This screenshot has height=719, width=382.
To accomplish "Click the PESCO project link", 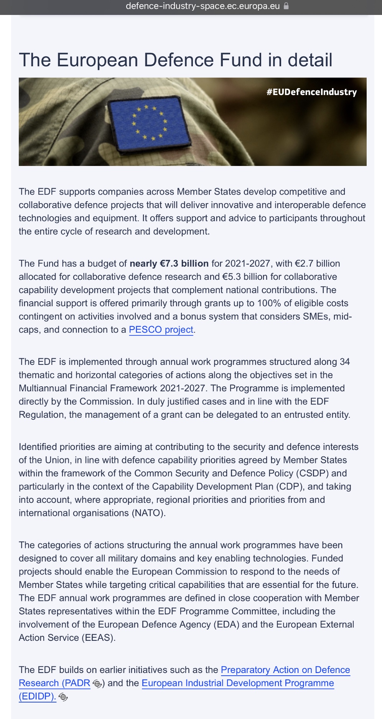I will (161, 330).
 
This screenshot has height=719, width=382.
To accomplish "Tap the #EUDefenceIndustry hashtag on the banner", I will (311, 92).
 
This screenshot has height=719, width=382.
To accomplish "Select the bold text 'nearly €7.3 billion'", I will (169, 264).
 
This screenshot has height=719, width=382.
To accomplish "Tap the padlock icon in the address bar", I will (286, 6).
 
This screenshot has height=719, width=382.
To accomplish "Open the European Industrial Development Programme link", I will (238, 683).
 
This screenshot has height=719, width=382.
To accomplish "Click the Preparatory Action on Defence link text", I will (285, 670).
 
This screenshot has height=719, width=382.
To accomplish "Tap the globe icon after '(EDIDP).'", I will (64, 697).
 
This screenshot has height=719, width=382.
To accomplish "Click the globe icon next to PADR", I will (97, 684).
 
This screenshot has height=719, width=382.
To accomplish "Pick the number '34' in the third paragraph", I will (344, 362).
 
